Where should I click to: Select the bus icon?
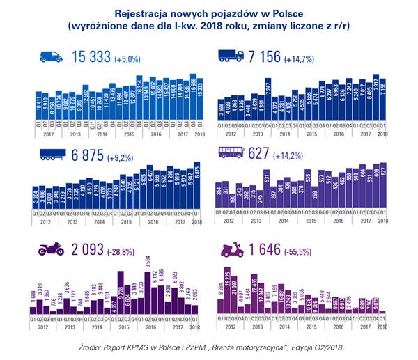click(x=231, y=155)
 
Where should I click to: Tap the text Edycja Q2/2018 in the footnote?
click(x=325, y=347)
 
